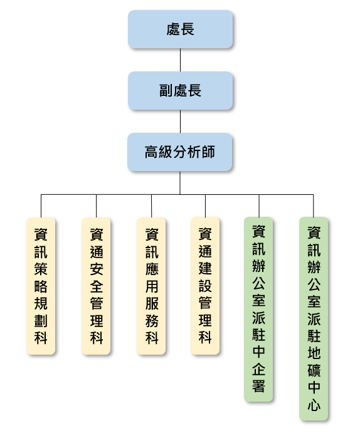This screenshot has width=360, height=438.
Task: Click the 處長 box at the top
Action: pyautogui.click(x=180, y=29)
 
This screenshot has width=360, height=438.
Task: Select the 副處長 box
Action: pyautogui.click(x=180, y=90)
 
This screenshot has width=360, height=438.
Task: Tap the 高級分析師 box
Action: pyautogui.click(x=180, y=152)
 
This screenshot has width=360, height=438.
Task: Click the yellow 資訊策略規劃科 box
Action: pyautogui.click(x=41, y=286)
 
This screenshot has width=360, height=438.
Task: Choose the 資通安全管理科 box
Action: pyautogui.click(x=96, y=286)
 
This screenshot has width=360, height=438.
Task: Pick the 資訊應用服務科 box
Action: pyautogui.click(x=151, y=286)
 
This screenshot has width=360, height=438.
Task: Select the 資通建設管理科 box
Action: pyautogui.click(x=205, y=286)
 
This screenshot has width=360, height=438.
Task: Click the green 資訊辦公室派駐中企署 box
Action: pyautogui.click(x=258, y=309)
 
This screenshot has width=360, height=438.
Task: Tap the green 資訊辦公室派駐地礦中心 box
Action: pyautogui.click(x=314, y=318)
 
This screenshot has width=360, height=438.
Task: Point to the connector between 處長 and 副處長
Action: pyautogui.click(x=180, y=60)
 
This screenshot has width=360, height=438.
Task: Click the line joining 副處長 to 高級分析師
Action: pyautogui.click(x=180, y=121)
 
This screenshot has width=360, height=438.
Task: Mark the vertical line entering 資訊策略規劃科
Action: pyautogui.click(x=41, y=206)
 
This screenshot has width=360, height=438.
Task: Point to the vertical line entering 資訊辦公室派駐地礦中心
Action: pyautogui.click(x=314, y=206)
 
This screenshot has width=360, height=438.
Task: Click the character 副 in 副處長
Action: pyautogui.click(x=166, y=90)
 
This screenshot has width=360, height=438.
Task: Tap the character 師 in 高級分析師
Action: pyautogui.click(x=208, y=152)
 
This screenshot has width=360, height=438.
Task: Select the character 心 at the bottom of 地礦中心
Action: pyautogui.click(x=314, y=405)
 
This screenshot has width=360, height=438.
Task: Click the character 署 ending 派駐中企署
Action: pyautogui.click(x=258, y=386)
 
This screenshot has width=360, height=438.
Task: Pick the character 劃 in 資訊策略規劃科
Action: pyautogui.click(x=41, y=321)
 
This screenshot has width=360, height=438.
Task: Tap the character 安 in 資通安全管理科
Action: pyautogui.click(x=97, y=269)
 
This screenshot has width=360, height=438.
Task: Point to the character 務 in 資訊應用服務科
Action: pyautogui.click(x=152, y=321)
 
